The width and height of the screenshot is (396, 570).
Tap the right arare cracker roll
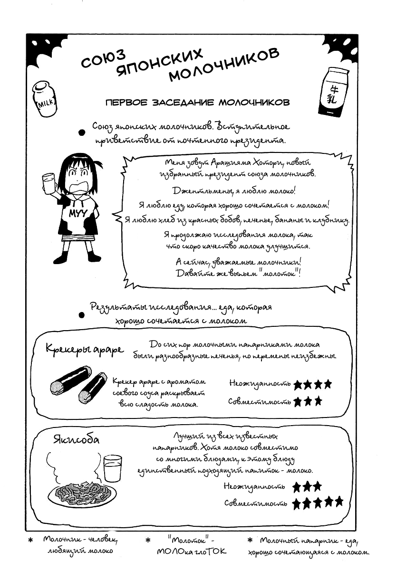[x=93, y=386]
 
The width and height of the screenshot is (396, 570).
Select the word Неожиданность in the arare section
[x=260, y=383]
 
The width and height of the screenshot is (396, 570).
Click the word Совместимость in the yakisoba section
[x=256, y=503]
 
